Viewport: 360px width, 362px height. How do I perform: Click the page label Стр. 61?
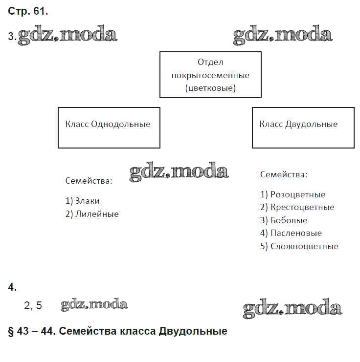[28, 11]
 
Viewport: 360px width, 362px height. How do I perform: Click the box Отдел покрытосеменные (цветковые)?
[210, 75]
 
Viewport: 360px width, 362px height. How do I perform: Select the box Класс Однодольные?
[109, 128]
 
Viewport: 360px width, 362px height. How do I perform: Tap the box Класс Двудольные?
[303, 128]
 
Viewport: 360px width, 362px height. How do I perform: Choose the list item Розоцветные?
[292, 194]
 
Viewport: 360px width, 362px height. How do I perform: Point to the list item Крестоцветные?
[297, 207]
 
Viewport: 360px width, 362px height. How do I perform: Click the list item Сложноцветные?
[299, 246]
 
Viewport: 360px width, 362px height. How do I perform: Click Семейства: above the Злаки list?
[89, 181]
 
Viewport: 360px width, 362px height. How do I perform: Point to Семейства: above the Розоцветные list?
[284, 174]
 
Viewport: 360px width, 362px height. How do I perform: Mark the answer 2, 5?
[33, 306]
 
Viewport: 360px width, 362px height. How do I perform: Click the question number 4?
[12, 288]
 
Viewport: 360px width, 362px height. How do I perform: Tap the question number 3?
[11, 37]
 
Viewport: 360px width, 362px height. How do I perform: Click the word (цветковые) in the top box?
[210, 88]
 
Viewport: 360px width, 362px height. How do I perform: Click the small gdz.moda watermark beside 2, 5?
[94, 305]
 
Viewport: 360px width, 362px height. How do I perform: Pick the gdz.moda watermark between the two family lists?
[179, 172]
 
